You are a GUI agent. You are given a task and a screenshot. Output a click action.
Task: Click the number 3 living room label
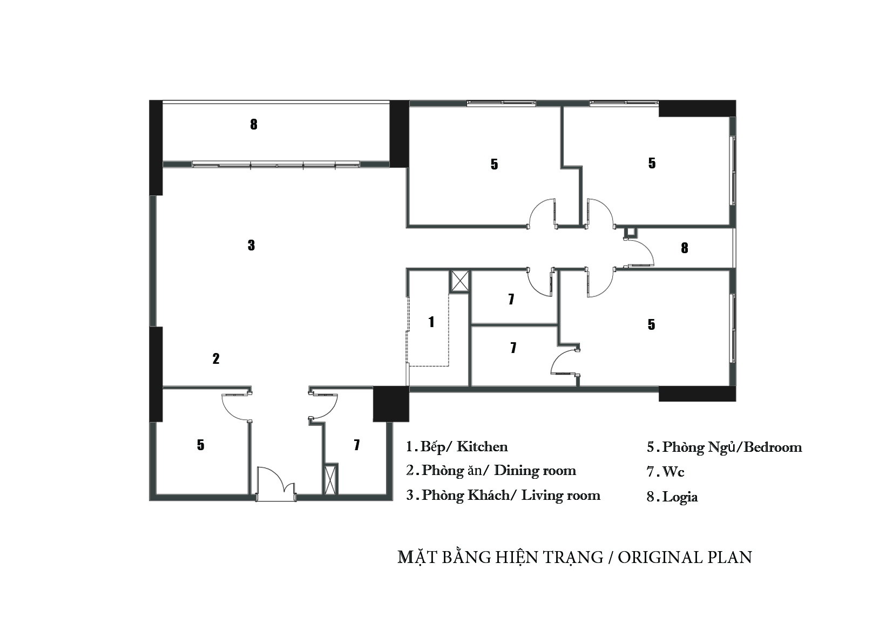(251, 245)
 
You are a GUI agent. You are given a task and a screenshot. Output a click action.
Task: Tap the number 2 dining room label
(216, 359)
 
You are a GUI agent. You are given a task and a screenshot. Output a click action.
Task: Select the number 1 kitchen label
(431, 322)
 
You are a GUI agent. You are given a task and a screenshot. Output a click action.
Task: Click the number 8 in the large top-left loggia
(254, 124)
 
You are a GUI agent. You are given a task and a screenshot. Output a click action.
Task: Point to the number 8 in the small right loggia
(685, 248)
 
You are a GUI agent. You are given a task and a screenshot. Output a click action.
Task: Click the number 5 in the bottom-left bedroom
(200, 445)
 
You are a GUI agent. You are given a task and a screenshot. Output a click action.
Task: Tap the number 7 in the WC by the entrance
(357, 445)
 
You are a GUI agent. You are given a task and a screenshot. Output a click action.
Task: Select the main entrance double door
(276, 484)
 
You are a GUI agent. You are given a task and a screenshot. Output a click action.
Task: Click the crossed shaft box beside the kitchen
(459, 282)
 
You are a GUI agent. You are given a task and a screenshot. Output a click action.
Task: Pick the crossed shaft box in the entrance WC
(330, 479)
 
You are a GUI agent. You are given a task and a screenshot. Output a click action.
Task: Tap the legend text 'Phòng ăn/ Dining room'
(499, 471)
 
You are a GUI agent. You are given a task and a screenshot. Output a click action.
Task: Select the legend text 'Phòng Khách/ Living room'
(511, 496)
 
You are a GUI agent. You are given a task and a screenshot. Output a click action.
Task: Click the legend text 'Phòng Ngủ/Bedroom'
(732, 447)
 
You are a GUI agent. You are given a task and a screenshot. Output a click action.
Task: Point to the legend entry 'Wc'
(673, 472)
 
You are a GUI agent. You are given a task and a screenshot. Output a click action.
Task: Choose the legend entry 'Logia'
(680, 497)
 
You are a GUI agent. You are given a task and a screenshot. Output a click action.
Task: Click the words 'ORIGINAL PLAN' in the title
(685, 557)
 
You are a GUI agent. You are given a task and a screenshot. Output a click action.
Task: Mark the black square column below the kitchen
(391, 404)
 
